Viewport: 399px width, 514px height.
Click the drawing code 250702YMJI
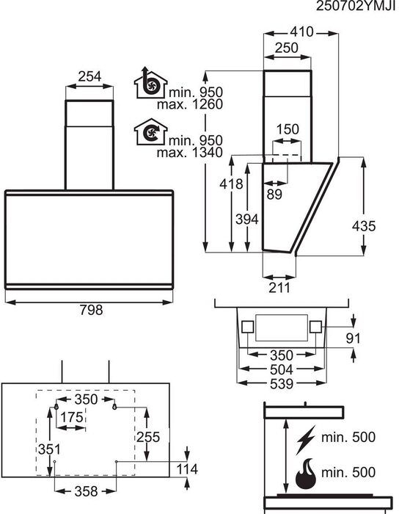pos(356,6)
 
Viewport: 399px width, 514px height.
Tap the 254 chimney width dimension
pos(89,76)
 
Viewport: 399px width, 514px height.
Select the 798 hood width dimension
pos(91,310)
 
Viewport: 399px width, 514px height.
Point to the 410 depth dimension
pos(301,32)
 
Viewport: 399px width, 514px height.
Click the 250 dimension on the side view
pos(286,48)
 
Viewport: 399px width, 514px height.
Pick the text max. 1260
pos(190,104)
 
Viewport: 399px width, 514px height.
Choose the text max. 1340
pos(190,153)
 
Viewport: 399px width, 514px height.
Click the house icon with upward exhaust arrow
pos(150,83)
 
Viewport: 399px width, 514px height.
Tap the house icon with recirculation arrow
pos(150,131)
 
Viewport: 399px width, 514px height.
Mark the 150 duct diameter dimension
pos(288,129)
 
